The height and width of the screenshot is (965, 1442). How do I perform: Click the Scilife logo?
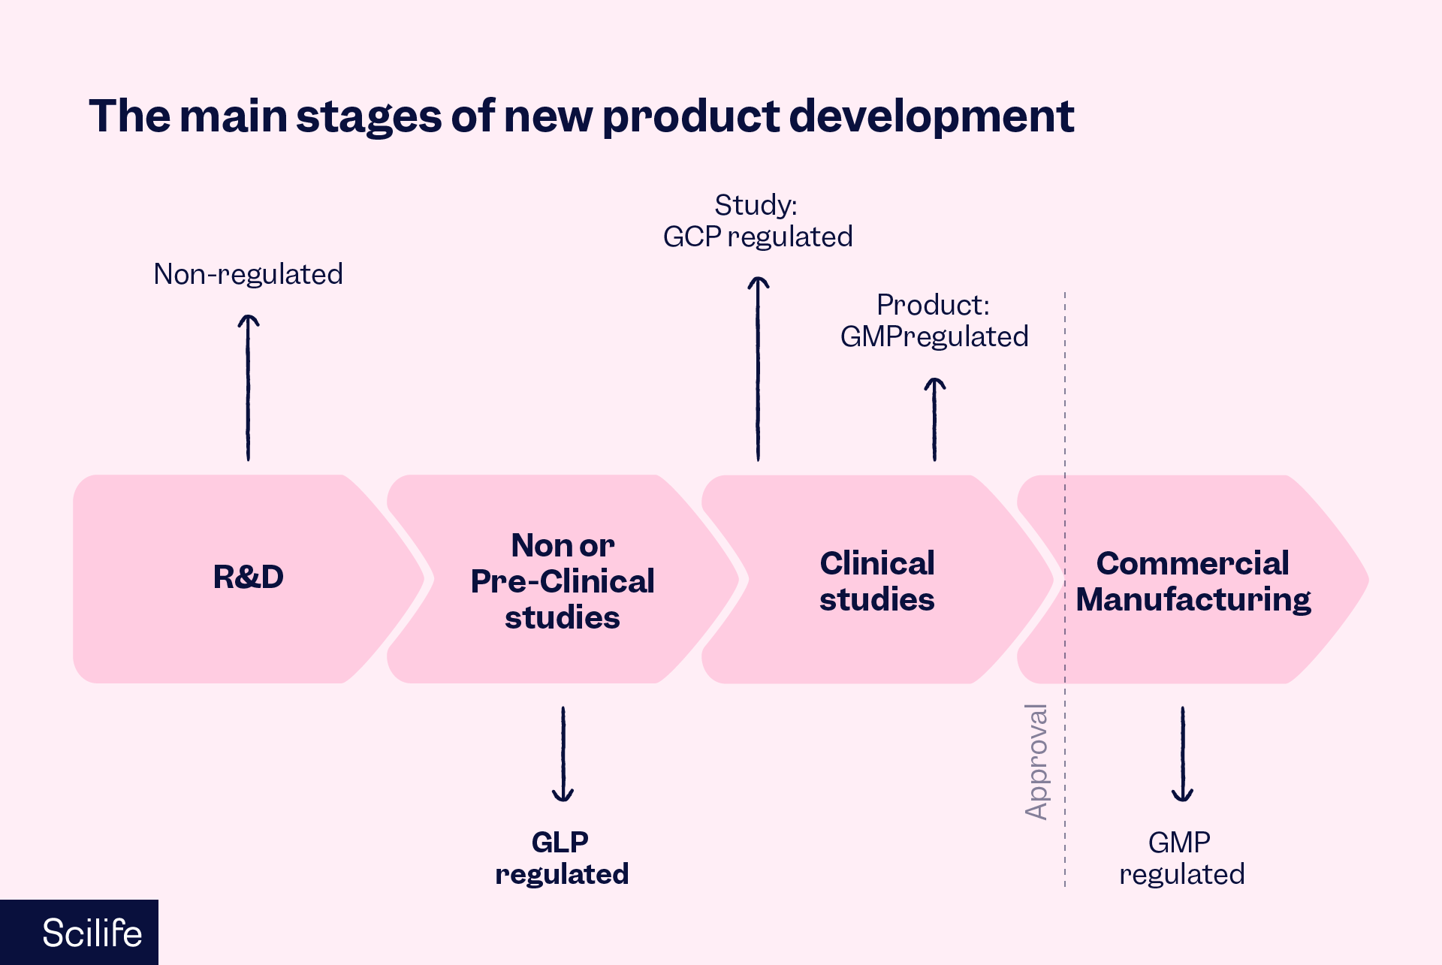91,933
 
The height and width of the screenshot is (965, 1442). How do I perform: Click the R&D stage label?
249,577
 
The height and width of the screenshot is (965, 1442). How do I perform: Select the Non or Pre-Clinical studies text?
563,581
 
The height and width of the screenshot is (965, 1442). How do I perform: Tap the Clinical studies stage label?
876,581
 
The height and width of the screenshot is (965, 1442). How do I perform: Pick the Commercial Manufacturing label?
1193,581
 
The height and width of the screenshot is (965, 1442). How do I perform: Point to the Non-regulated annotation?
248,274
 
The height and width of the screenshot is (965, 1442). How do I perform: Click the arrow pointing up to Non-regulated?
249,387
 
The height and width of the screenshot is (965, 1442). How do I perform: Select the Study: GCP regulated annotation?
757,221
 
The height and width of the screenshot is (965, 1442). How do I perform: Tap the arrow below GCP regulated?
758,368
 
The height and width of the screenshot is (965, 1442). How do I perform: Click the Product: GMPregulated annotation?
934,321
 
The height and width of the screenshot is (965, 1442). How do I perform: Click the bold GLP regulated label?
562,858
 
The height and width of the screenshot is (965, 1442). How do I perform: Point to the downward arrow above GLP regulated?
563,754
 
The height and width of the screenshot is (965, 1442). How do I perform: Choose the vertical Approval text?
1036,761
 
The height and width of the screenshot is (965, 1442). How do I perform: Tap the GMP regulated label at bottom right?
1181,858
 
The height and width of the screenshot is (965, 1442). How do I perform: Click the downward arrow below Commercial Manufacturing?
1182,754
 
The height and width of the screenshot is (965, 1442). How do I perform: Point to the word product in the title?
691,118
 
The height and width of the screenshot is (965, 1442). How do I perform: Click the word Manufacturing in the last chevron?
1193,600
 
